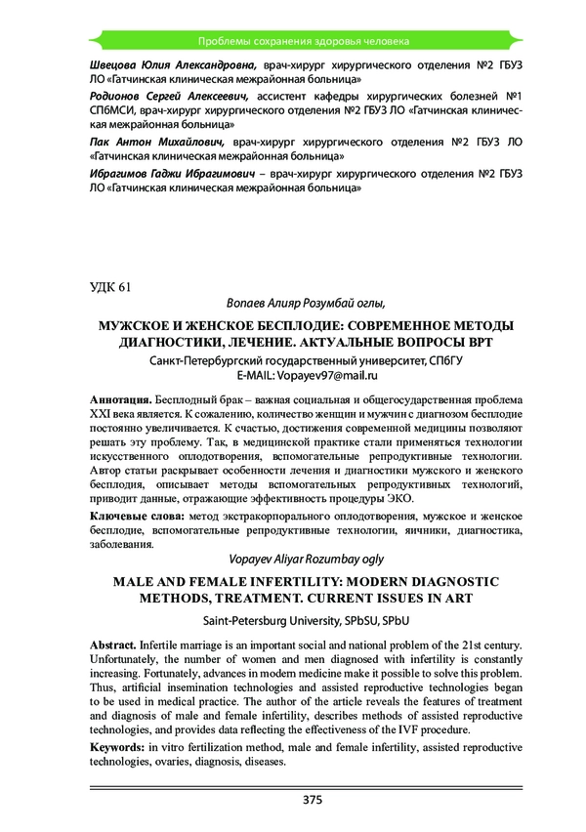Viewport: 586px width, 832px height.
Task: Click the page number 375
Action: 313,800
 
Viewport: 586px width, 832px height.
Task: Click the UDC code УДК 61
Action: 108,286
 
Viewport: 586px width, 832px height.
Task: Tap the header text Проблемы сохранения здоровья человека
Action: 303,41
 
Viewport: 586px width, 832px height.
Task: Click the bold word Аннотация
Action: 120,400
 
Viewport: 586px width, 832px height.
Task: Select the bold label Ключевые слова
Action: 135,515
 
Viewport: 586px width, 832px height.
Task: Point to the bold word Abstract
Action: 115,645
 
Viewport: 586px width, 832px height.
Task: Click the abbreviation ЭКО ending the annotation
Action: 398,499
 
